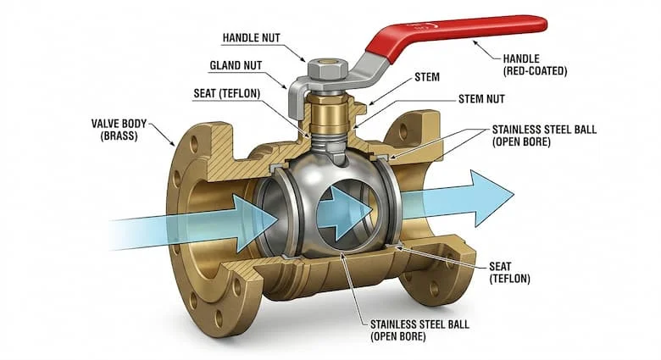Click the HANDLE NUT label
pos(251,38)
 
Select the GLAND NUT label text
pos(236,66)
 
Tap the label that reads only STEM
pos(427,77)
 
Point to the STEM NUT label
pos(481,99)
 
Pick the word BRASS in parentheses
pos(119,136)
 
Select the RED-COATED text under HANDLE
pos(535,71)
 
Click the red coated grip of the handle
pos(455,33)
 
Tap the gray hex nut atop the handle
pos(328,69)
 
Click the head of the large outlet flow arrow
pos(492,198)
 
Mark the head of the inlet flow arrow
pos(255,222)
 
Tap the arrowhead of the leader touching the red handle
pos(475,42)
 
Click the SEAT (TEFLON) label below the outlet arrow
pos(509,272)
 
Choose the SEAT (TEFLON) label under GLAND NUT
pos(227,93)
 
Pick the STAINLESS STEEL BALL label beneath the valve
pos(419,330)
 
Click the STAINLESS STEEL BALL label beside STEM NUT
pos(544,136)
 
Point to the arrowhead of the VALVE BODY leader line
pos(172,143)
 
